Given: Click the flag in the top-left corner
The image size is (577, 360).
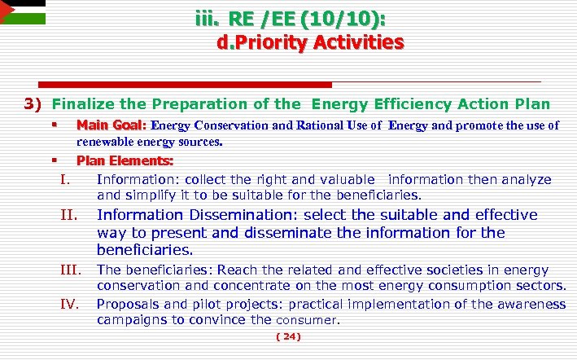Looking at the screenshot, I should [21, 13].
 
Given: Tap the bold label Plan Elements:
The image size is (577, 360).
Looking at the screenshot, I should [125, 160].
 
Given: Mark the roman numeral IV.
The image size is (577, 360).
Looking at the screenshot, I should [69, 305].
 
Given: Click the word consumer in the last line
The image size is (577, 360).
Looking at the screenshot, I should [309, 320].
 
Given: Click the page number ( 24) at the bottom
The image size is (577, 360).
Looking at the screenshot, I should [288, 336].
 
